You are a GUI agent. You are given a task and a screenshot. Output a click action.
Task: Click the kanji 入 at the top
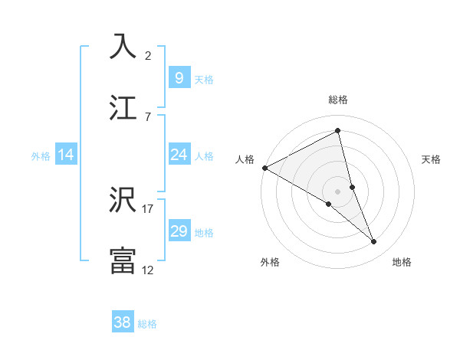point(123,47)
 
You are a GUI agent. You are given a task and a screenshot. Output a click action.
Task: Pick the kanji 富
point(123,260)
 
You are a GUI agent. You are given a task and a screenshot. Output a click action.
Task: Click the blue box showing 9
point(179,77)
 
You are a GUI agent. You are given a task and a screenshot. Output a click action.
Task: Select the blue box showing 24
point(179,155)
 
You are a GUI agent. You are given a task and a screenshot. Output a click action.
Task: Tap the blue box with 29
point(179,231)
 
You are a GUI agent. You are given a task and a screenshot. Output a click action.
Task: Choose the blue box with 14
point(66,155)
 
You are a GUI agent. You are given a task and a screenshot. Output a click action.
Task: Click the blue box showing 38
point(122,322)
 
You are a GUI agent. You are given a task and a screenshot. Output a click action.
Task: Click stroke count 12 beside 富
point(148,270)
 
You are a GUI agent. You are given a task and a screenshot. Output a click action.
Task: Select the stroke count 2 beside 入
point(148,56)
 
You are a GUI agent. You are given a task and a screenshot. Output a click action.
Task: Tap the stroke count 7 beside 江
point(148,116)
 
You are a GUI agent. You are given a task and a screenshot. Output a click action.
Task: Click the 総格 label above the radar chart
point(338,100)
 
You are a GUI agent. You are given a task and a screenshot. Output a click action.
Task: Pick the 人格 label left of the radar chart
point(245,159)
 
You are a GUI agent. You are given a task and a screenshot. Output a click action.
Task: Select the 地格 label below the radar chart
point(402,262)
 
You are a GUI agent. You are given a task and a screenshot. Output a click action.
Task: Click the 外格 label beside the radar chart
point(270,262)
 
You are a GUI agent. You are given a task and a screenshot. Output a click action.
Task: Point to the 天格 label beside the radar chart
point(432,159)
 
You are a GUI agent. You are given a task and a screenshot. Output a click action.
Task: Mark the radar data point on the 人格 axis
point(264,168)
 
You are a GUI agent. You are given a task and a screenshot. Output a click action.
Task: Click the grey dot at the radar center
point(338,191)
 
